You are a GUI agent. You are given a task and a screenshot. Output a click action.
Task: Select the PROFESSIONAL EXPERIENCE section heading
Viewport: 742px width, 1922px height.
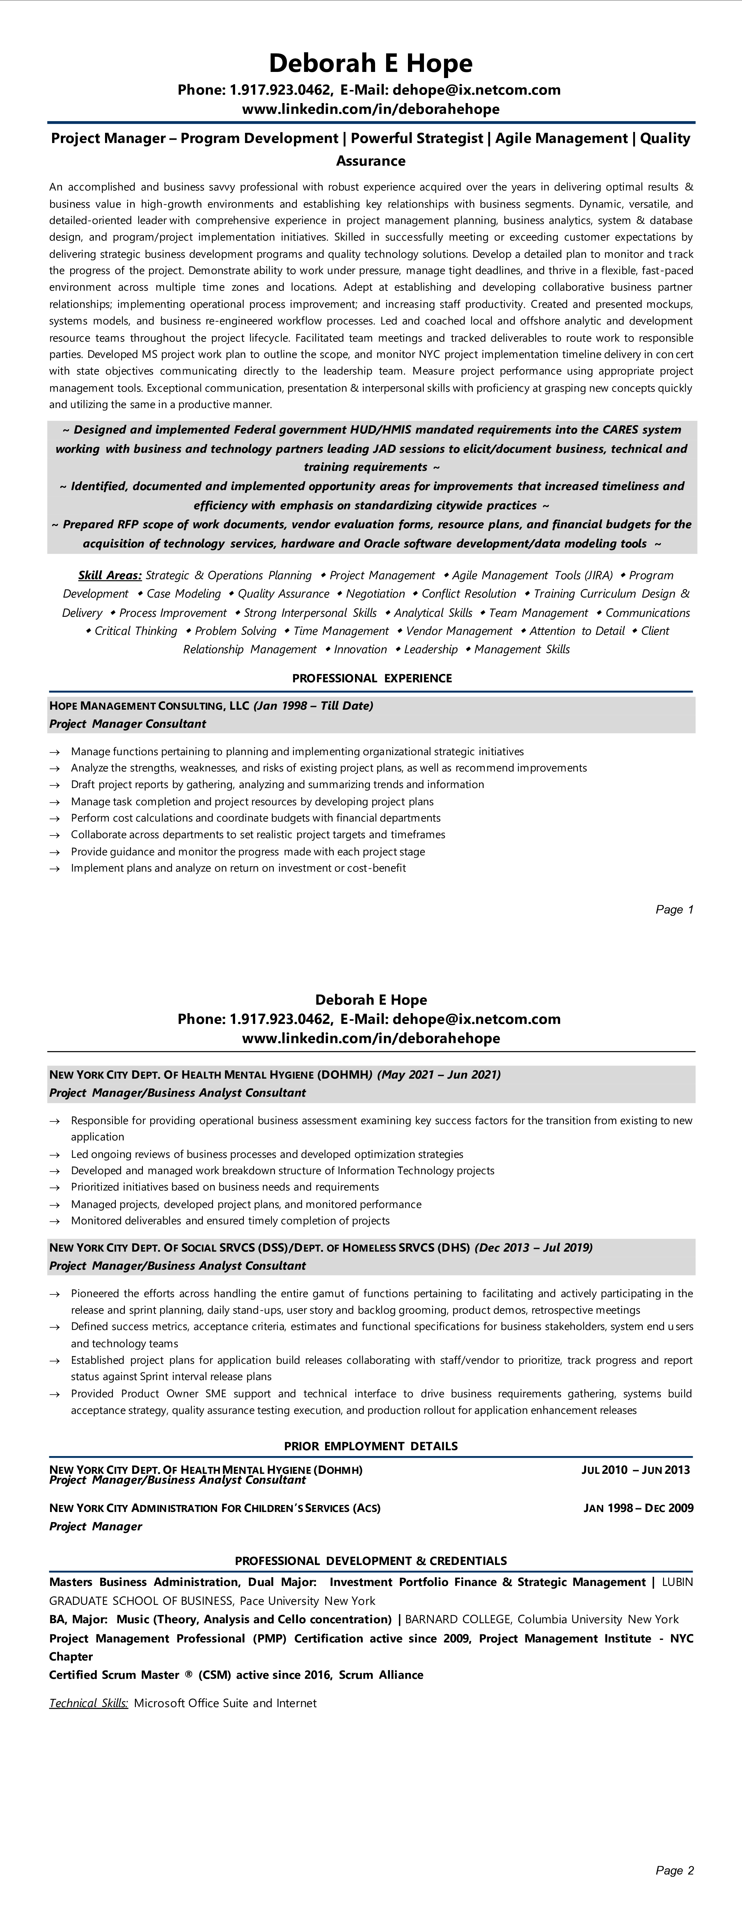pyautogui.click(x=371, y=678)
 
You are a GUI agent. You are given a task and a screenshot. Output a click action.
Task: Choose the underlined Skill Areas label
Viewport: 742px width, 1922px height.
pyautogui.click(x=110, y=575)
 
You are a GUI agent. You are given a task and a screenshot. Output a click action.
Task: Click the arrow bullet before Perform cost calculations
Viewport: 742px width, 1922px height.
pyautogui.click(x=54, y=819)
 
